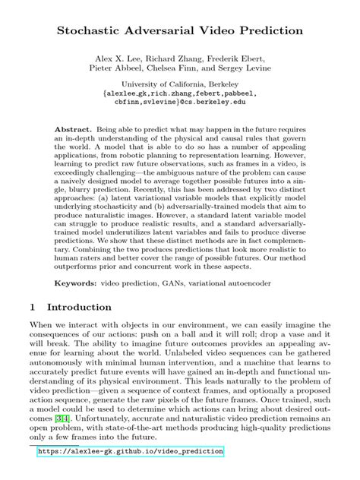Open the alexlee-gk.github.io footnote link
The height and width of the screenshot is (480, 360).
click(x=130, y=451)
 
